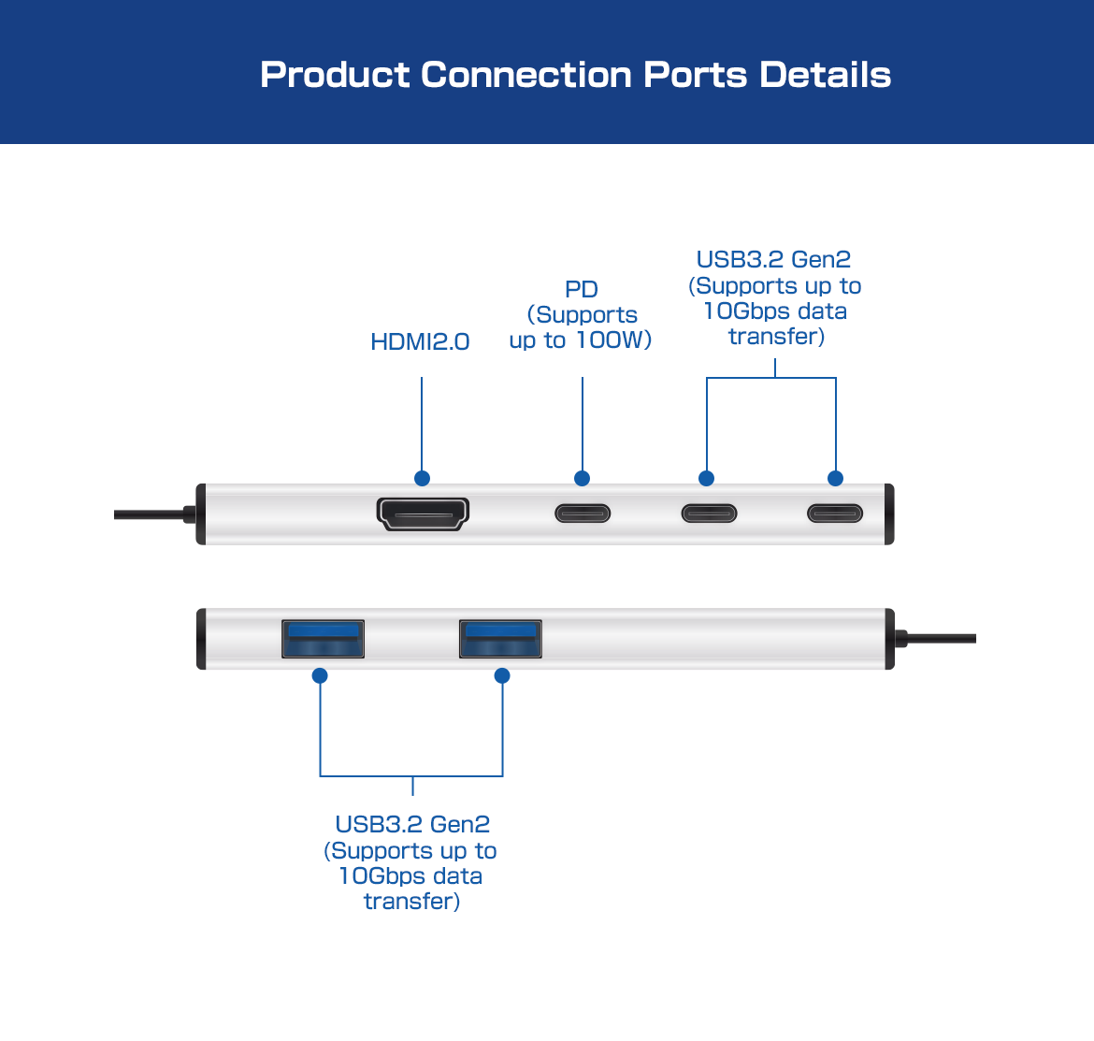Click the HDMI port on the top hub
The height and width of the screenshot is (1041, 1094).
(x=423, y=513)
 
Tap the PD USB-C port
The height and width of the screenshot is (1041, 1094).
(x=583, y=513)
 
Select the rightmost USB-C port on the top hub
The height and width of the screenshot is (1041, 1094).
(x=835, y=513)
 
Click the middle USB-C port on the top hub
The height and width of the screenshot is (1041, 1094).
(x=709, y=513)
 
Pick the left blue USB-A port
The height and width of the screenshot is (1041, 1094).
(x=323, y=639)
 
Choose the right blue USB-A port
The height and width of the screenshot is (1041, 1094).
(x=500, y=639)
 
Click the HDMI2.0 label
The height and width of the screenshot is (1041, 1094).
(x=420, y=342)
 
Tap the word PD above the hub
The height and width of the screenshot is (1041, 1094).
(x=582, y=290)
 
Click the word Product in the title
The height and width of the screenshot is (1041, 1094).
(x=334, y=75)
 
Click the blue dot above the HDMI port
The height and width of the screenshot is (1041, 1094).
(x=422, y=479)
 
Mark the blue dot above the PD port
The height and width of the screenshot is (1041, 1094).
(x=582, y=479)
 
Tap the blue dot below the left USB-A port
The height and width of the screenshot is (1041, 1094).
(x=320, y=675)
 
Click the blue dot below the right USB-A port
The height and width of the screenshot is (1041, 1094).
(x=502, y=675)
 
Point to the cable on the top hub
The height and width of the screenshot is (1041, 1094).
(x=150, y=514)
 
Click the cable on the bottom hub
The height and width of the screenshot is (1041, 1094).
(x=940, y=639)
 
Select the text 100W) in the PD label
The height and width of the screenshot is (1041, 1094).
(x=613, y=340)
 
